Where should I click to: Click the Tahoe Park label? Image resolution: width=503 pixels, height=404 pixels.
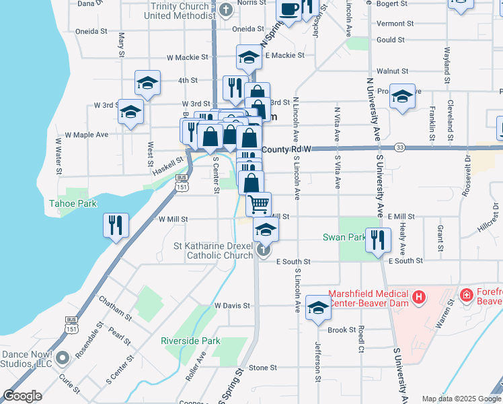click(x=73, y=203)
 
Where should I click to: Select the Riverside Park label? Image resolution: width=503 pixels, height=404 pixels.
click(x=190, y=341)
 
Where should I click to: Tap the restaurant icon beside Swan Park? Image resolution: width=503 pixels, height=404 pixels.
click(x=379, y=240)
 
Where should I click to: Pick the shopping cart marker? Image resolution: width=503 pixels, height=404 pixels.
click(x=258, y=203)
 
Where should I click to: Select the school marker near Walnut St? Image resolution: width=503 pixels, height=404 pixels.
click(x=402, y=97)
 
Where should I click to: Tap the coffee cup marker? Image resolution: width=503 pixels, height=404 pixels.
click(x=289, y=10)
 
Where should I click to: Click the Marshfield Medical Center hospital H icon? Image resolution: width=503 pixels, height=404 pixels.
click(x=418, y=296)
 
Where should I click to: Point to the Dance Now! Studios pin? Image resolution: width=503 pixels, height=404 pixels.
click(x=63, y=357)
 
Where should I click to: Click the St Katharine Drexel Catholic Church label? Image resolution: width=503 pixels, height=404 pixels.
click(x=213, y=250)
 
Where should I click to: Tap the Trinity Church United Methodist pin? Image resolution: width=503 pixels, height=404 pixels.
click(x=226, y=11)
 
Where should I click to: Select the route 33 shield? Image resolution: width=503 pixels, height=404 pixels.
click(x=399, y=147)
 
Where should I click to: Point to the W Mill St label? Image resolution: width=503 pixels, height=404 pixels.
click(x=173, y=219)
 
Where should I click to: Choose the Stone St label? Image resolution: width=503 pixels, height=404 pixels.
click(x=262, y=368)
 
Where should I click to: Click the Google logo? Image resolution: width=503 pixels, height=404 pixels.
click(x=23, y=396)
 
